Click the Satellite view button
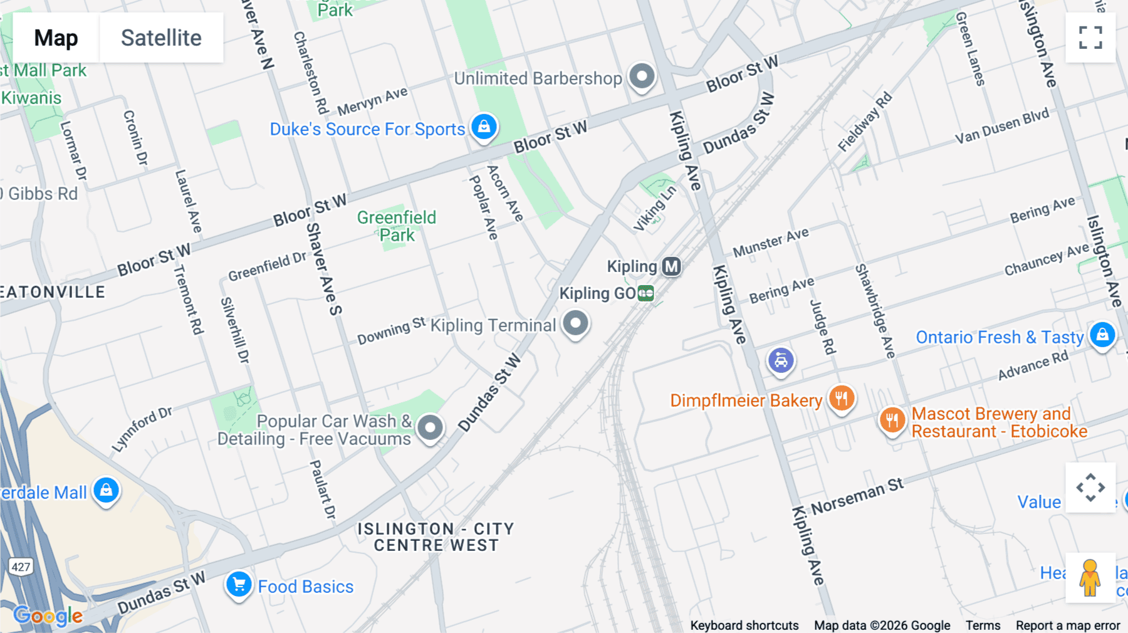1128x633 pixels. click(161, 38)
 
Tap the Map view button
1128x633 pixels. click(56, 38)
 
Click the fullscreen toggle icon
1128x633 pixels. click(1090, 38)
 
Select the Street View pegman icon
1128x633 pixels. click(1090, 577)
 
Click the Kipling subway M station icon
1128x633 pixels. click(671, 266)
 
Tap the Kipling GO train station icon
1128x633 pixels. click(645, 293)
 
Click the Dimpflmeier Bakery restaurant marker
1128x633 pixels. click(841, 398)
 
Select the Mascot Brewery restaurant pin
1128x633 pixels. click(892, 420)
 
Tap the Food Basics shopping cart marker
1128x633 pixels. click(239, 585)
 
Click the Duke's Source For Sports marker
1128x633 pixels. click(484, 127)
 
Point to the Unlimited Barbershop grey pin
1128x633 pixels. click(641, 76)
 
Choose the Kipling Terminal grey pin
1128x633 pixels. click(575, 323)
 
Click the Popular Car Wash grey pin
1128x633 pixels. click(430, 427)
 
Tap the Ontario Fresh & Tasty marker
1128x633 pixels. click(1102, 335)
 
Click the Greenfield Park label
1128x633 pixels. click(397, 226)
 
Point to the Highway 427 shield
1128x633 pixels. click(21, 567)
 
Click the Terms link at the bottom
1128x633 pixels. click(983, 625)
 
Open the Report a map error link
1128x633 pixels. click(1068, 625)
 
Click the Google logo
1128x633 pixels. click(48, 616)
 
